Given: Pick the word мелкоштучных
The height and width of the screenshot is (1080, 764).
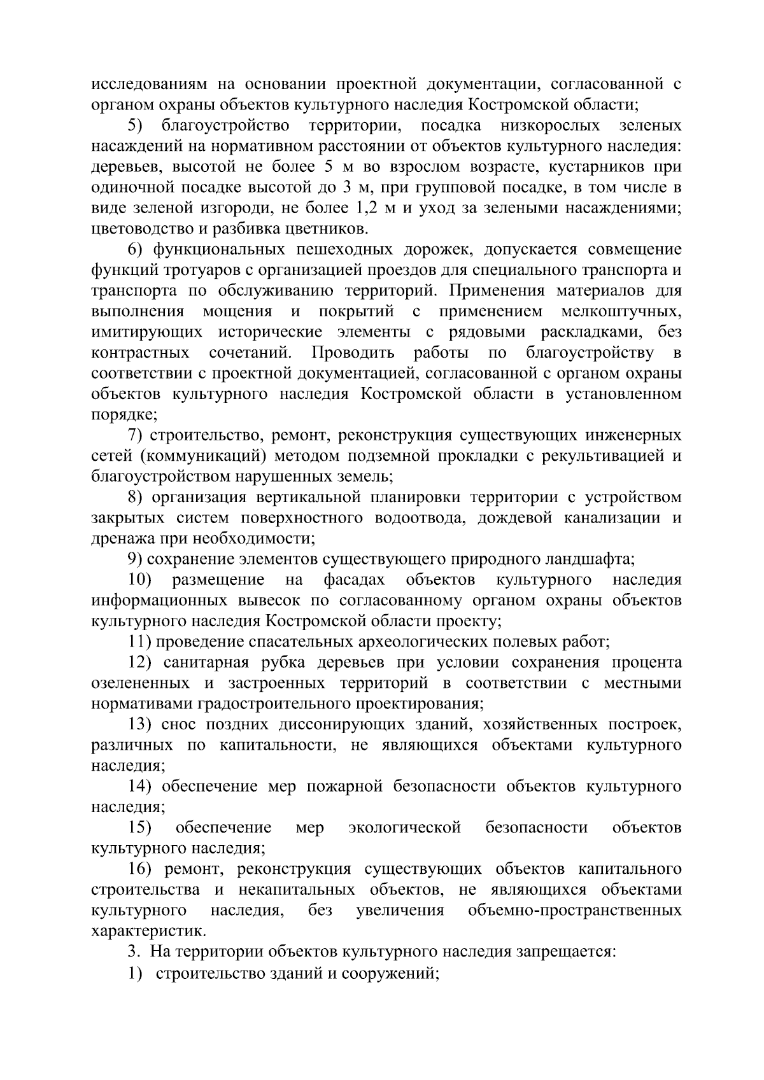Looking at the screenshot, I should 621,312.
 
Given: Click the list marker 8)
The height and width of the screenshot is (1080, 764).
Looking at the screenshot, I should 138,498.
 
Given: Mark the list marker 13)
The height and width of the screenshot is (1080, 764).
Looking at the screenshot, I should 139,724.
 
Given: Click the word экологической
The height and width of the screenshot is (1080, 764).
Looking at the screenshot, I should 404,828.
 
